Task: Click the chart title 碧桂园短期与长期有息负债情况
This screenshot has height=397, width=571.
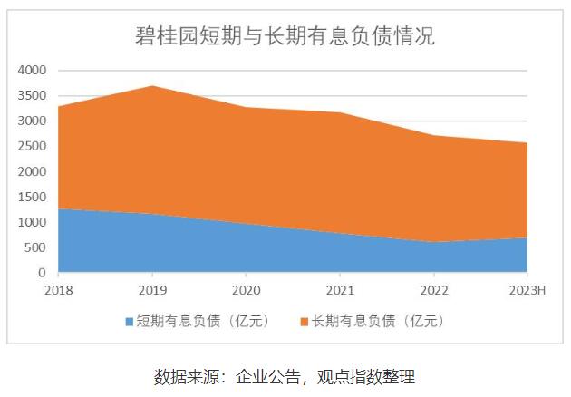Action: pyautogui.click(x=285, y=36)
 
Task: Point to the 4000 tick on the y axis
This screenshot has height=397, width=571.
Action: pyautogui.click(x=33, y=70)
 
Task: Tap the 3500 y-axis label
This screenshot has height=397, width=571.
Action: pyautogui.click(x=33, y=95)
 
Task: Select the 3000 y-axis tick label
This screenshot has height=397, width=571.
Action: pyautogui.click(x=33, y=121)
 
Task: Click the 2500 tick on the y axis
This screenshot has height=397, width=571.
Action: pyautogui.click(x=33, y=146)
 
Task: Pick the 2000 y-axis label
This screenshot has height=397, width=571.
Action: pyautogui.click(x=33, y=171)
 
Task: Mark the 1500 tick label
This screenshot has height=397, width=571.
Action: pyautogui.click(x=33, y=197)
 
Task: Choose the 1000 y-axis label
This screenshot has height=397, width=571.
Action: pyautogui.click(x=33, y=222)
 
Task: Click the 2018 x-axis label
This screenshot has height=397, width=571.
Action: pyautogui.click(x=59, y=290)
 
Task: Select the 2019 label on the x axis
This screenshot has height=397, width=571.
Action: pyautogui.click(x=152, y=290)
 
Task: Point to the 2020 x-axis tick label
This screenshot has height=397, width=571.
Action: pyautogui.click(x=247, y=290)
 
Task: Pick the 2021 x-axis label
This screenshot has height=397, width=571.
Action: pyautogui.click(x=340, y=290)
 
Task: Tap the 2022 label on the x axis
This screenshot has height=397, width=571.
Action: pyautogui.click(x=434, y=290)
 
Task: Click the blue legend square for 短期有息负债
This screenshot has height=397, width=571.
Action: pyautogui.click(x=129, y=322)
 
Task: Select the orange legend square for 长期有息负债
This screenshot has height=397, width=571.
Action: pyautogui.click(x=303, y=322)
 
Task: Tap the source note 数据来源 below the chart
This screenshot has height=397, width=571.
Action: pyautogui.click(x=285, y=376)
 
